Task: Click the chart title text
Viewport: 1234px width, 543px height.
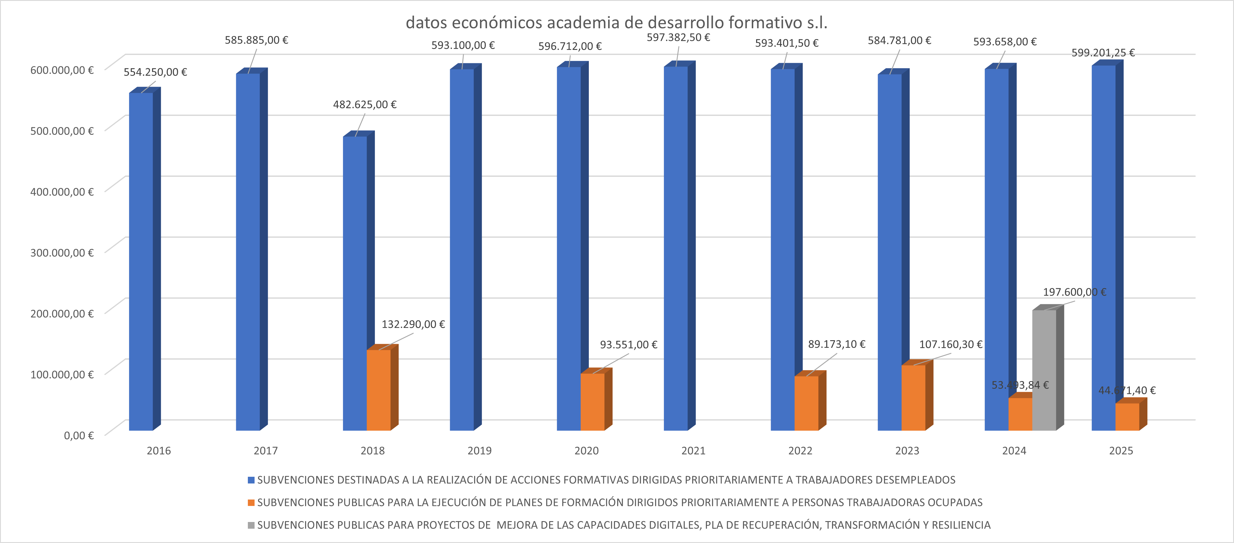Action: coord(617,22)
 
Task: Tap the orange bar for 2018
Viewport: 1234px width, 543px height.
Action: coord(378,390)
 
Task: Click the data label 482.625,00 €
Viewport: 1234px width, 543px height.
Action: coord(365,104)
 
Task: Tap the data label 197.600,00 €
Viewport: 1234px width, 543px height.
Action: coord(1075,292)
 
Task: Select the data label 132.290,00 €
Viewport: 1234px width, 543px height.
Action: coord(413,324)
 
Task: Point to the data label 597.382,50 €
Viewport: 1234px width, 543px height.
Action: coord(678,37)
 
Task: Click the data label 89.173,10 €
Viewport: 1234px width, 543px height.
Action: coord(836,344)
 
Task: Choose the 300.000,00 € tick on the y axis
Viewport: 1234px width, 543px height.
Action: coord(62,252)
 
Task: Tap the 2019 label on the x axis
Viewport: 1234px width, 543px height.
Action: coord(480,451)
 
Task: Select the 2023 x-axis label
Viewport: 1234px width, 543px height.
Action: coord(907,451)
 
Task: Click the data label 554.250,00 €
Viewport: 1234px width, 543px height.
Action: coord(155,72)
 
